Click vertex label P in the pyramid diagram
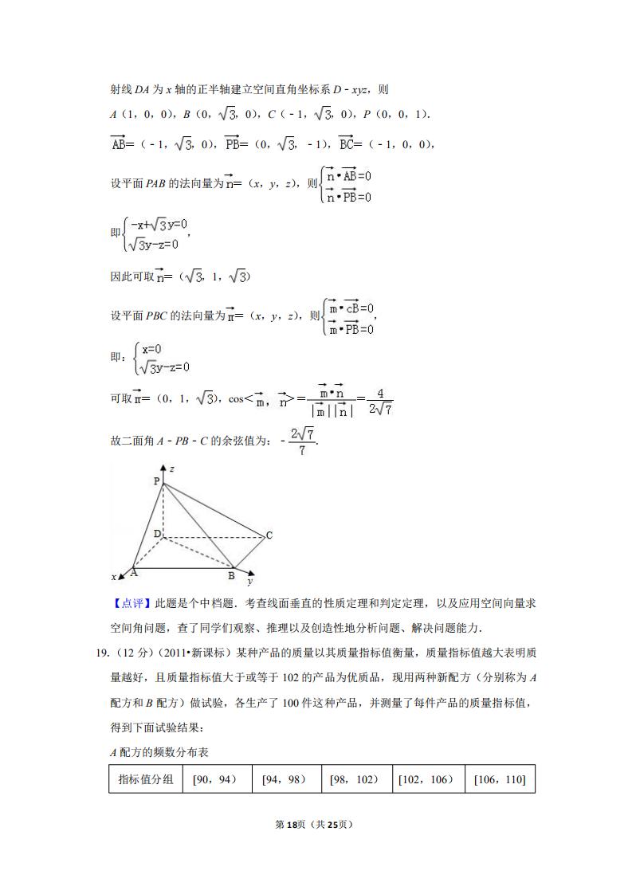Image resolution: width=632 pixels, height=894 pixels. (157, 481)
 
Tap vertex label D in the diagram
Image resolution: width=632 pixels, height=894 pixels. (157, 533)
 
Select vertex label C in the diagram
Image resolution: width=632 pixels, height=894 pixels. (269, 535)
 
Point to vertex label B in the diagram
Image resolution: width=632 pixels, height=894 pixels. (231, 575)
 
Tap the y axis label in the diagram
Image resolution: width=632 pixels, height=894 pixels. (250, 582)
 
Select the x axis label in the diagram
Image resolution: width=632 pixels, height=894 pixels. (114, 576)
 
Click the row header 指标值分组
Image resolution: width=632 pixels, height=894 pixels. (145, 779)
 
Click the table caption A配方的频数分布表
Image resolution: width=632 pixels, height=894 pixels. (159, 752)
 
